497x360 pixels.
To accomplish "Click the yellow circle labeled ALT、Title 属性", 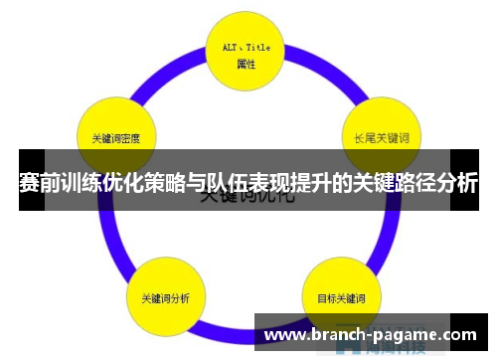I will [x=247, y=54].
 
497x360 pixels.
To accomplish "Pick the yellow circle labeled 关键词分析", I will [x=165, y=296].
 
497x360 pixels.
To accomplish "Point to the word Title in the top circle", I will [x=257, y=47].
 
